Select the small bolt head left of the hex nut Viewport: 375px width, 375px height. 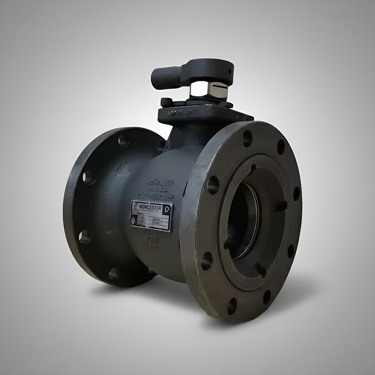click(166, 101)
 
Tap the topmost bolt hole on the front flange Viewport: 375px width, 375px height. click(247, 138)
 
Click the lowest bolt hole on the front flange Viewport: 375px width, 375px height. click(232, 306)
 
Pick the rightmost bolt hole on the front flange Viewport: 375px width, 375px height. click(296, 193)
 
